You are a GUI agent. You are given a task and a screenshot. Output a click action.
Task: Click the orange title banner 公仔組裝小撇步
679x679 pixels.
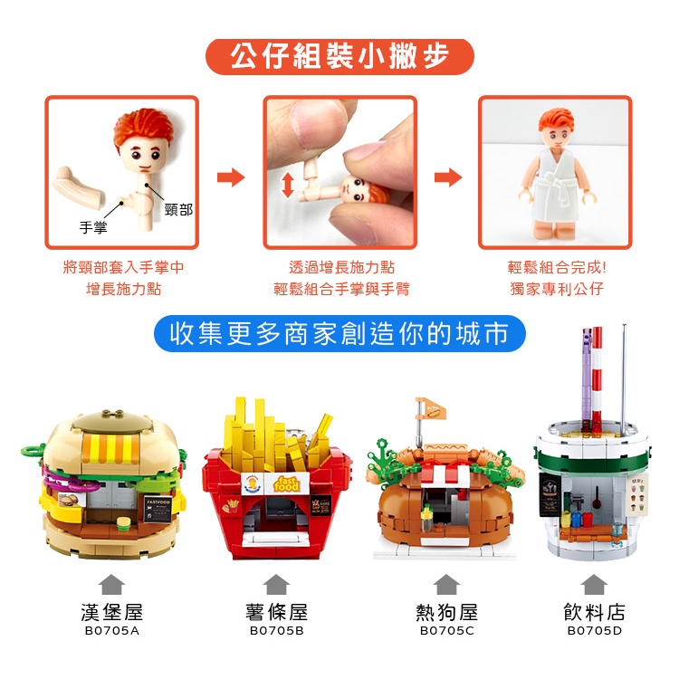[x=339, y=57]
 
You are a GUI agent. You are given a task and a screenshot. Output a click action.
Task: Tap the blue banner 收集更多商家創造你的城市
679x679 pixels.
[x=339, y=333]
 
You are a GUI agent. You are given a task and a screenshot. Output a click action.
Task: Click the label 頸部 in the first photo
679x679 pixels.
[x=178, y=210]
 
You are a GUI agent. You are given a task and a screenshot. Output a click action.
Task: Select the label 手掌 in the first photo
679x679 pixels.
[x=93, y=227]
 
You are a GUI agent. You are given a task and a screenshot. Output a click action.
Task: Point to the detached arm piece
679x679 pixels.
[x=79, y=186]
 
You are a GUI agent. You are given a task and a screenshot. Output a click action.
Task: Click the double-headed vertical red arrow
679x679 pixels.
[x=288, y=185]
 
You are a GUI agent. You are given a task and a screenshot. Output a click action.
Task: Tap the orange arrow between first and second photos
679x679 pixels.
[x=231, y=177]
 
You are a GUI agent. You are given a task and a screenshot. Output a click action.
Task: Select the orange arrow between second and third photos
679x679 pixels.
[x=448, y=177]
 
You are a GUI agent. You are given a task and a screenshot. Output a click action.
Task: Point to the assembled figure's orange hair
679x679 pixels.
[x=556, y=118]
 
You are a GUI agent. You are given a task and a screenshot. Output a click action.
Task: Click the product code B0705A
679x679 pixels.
[x=111, y=630]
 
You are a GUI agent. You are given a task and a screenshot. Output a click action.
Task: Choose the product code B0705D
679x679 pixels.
[x=594, y=630]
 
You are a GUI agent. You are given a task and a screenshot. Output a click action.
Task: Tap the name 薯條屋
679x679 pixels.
[x=276, y=612]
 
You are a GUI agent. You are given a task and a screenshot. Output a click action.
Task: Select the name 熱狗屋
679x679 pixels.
[x=446, y=612]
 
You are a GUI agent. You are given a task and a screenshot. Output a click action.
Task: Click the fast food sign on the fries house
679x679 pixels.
[x=287, y=483]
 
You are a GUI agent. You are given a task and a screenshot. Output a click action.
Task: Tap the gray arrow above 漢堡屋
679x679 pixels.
[x=111, y=585]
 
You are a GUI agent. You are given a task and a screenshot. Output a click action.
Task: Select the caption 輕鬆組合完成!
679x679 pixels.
[x=557, y=267]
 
